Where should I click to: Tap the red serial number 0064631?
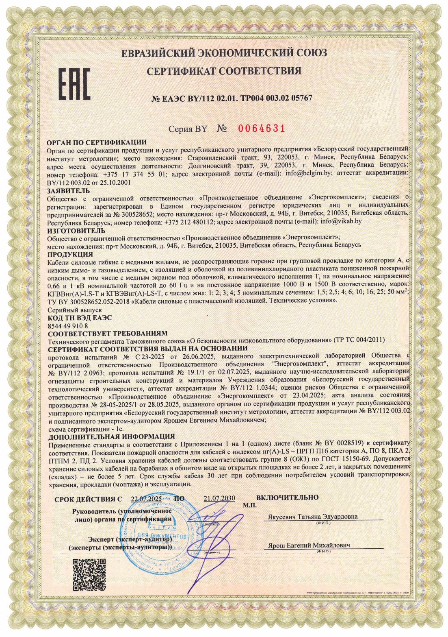262,129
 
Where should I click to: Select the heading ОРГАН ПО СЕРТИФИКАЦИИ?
97,142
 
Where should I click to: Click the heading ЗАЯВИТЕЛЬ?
69,191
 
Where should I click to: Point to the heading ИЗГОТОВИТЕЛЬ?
76,231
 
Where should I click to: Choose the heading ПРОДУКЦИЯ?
70,255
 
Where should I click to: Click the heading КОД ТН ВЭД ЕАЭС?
80,318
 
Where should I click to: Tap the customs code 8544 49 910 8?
67,326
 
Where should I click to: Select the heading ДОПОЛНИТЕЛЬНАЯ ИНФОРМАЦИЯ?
111,436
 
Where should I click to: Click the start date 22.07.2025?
146,499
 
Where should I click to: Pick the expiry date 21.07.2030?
219,498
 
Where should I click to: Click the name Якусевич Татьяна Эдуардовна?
313,517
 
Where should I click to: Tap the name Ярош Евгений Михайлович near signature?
309,545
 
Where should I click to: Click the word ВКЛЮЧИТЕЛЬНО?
287,497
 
